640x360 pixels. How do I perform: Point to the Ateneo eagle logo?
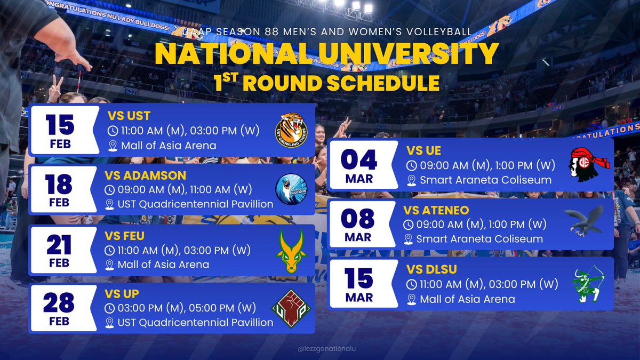(x=586, y=222)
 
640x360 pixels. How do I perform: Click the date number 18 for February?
(x=60, y=185)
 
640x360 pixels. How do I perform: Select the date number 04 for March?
(x=359, y=159)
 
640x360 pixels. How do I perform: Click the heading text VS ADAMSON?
(x=146, y=175)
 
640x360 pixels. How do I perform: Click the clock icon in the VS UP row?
(x=109, y=308)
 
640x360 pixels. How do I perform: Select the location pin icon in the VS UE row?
(x=411, y=180)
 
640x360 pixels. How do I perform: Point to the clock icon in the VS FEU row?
(x=109, y=250)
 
